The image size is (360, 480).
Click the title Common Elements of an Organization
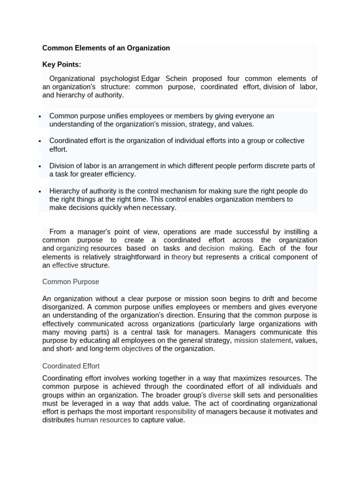[x=106, y=48]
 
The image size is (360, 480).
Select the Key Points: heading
[x=61, y=64]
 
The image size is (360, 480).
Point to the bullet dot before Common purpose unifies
[x=40, y=116]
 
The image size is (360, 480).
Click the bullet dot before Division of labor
[x=40, y=166]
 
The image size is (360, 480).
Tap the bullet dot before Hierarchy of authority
[x=40, y=191]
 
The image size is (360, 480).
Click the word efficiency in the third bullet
[x=119, y=174]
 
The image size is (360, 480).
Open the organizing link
[x=72, y=248]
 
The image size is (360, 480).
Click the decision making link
[x=225, y=248]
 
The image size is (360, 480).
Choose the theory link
[x=181, y=257]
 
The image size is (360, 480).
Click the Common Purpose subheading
[x=71, y=282]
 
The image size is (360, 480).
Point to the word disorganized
[x=62, y=307]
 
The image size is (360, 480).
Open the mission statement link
[x=262, y=340]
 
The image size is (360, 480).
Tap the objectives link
[x=137, y=349]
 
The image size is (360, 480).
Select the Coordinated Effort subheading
[x=71, y=366]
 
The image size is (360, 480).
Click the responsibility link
[x=175, y=412]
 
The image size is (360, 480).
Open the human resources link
[x=103, y=420]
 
